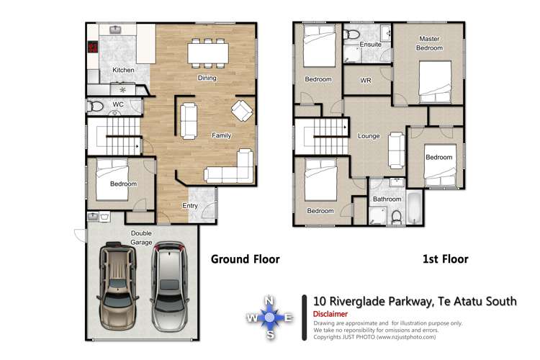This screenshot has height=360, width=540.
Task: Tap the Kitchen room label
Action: [123, 70]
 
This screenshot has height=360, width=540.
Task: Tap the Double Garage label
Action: [141, 238]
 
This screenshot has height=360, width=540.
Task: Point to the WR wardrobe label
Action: [366, 80]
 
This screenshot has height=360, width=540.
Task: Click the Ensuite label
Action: [372, 45]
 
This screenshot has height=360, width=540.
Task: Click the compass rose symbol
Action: [270, 317]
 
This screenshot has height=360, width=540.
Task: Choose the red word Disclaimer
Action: [330, 314]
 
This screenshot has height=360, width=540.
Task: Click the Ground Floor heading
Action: [245, 259]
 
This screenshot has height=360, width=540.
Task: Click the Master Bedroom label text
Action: [428, 44]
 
